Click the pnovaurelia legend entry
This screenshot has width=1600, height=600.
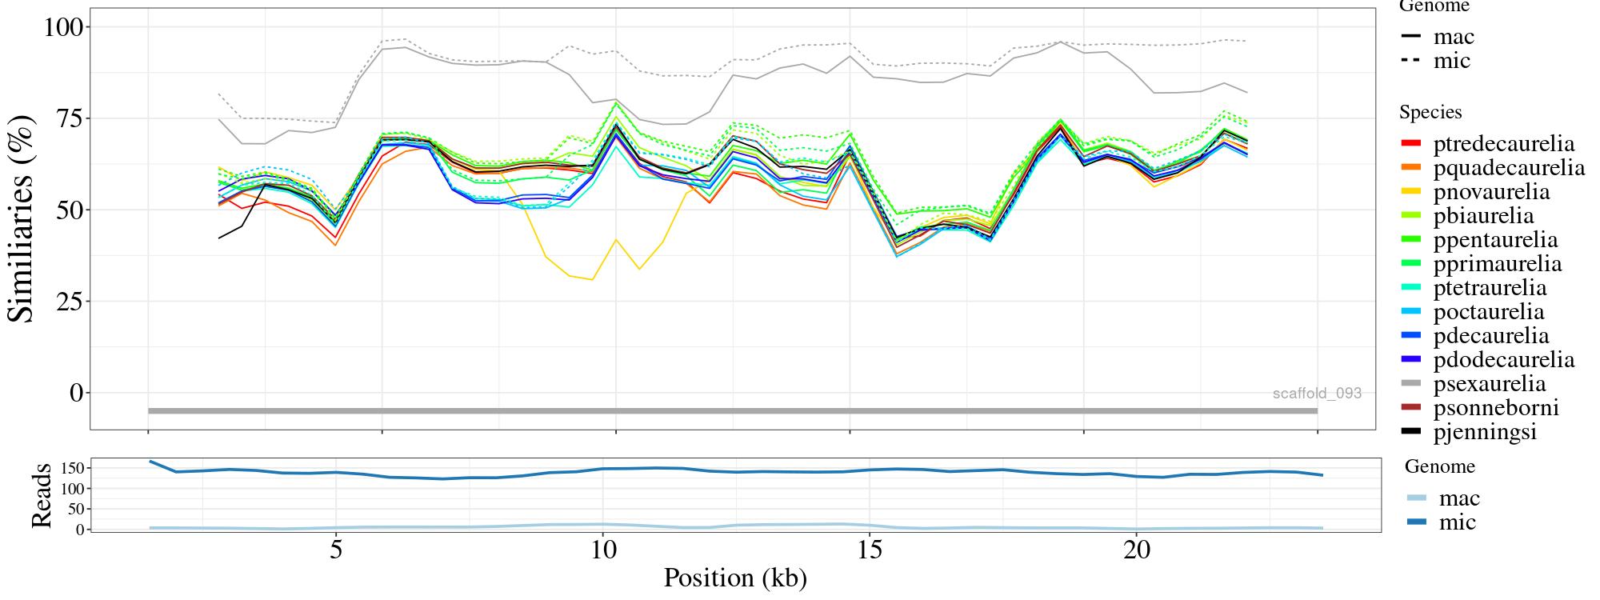pyautogui.click(x=1491, y=192)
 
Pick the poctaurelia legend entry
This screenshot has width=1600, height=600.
pyautogui.click(x=1488, y=312)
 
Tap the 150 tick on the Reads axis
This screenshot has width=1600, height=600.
pyautogui.click(x=71, y=467)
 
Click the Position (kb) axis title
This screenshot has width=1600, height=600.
pyautogui.click(x=735, y=578)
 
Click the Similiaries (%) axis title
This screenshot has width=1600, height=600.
pyautogui.click(x=22, y=218)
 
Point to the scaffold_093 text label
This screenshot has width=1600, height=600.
pyautogui.click(x=1317, y=393)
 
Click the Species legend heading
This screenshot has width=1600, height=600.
pyautogui.click(x=1430, y=113)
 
